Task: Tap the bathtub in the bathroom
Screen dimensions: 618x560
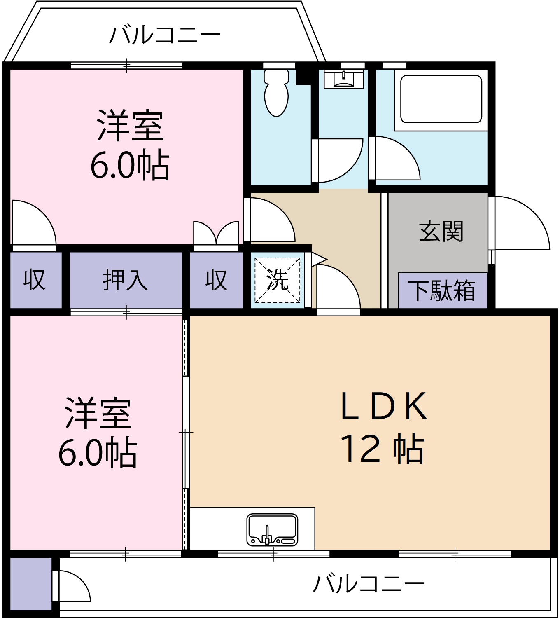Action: point(441,99)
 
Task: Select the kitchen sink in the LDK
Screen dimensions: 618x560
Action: point(272,530)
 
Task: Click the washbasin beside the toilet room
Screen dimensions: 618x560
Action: point(343,80)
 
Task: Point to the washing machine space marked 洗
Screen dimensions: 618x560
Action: point(278,280)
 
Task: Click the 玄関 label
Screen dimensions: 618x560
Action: point(441,232)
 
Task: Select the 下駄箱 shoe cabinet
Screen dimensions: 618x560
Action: point(442,290)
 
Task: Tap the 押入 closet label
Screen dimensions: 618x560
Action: point(125,280)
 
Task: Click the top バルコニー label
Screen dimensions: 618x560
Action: point(165,35)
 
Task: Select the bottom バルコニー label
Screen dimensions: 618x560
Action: point(369,583)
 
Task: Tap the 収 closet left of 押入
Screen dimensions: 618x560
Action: point(35,280)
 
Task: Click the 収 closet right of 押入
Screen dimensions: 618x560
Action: point(216,280)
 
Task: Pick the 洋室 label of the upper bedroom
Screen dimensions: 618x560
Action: point(131,126)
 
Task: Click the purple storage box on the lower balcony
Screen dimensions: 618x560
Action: point(30,583)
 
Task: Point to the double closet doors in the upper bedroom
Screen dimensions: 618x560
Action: point(216,234)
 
